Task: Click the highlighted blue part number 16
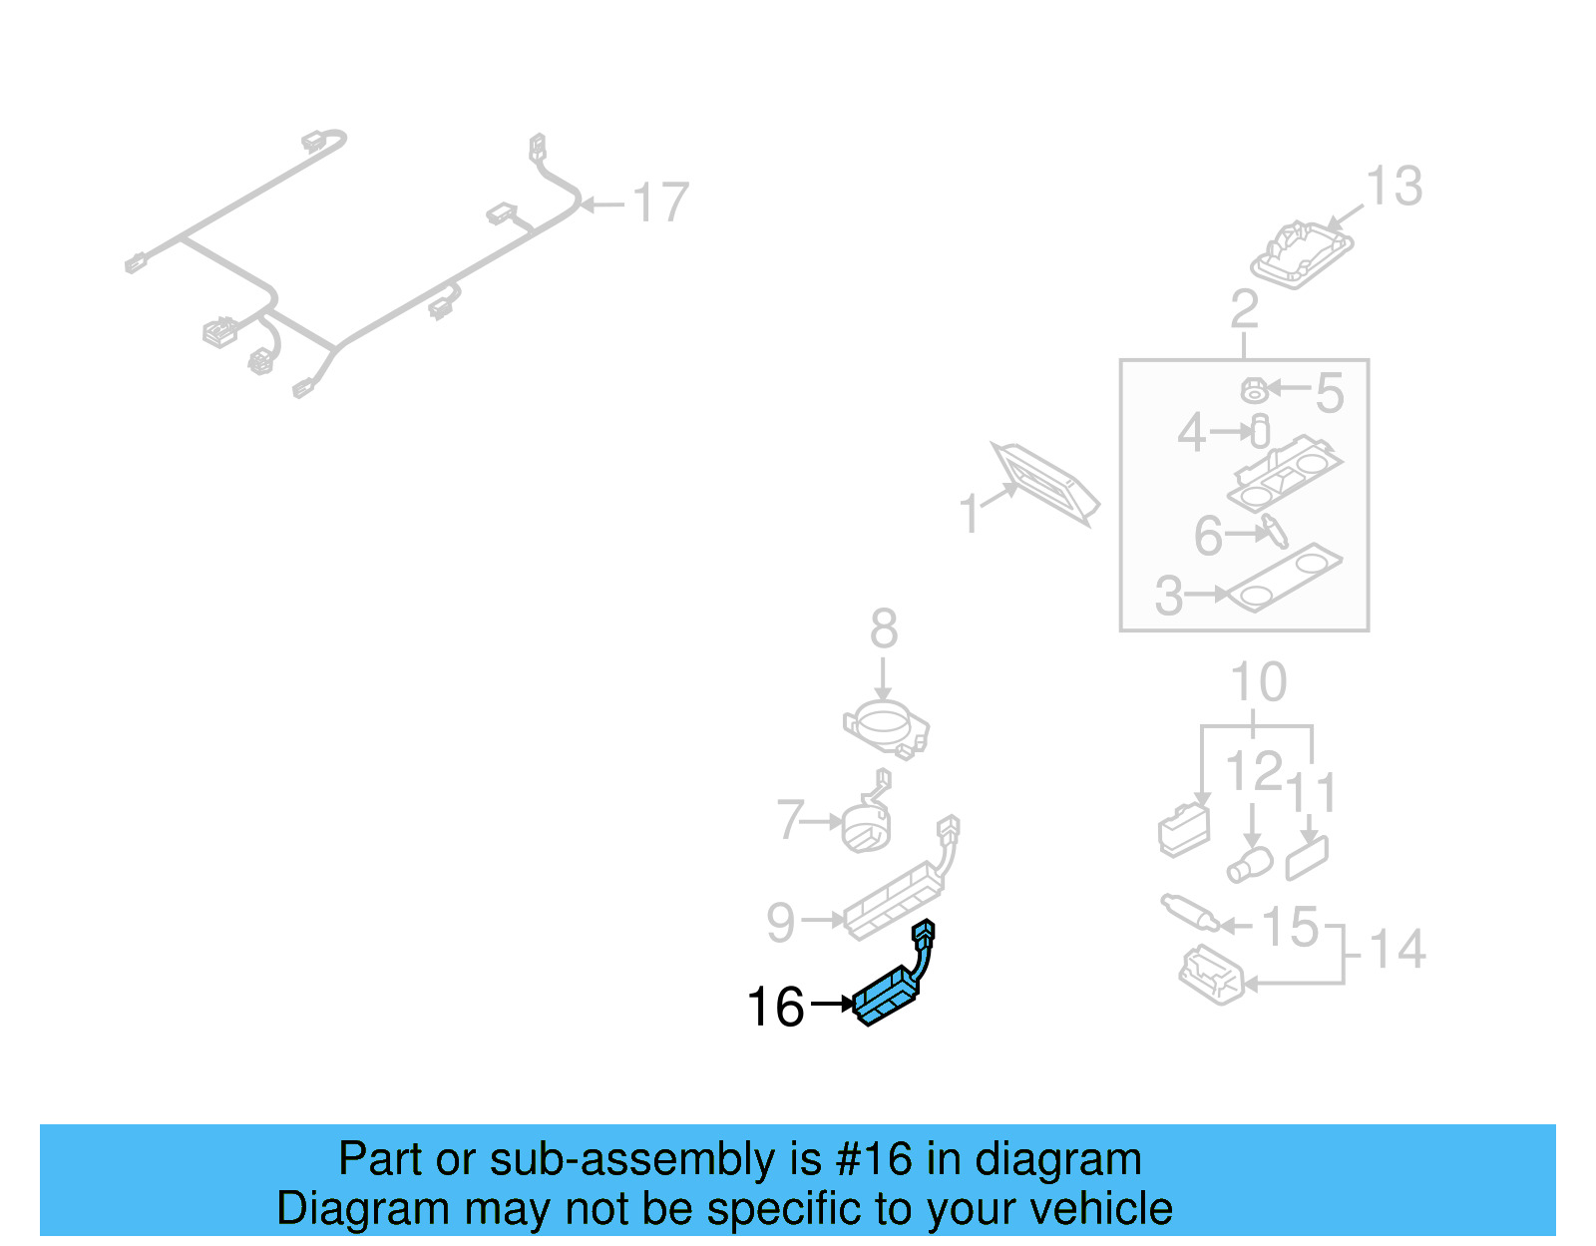(887, 996)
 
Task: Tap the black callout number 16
(776, 1007)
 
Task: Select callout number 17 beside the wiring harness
(660, 203)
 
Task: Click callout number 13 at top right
(1394, 187)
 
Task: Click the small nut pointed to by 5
(1254, 390)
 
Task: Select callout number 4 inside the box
(1191, 433)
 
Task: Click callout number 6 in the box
(1208, 536)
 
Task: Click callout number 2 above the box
(1244, 309)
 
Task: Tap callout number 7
(790, 820)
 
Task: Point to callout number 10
(1258, 683)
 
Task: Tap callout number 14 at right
(1396, 949)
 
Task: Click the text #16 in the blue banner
(873, 1159)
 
